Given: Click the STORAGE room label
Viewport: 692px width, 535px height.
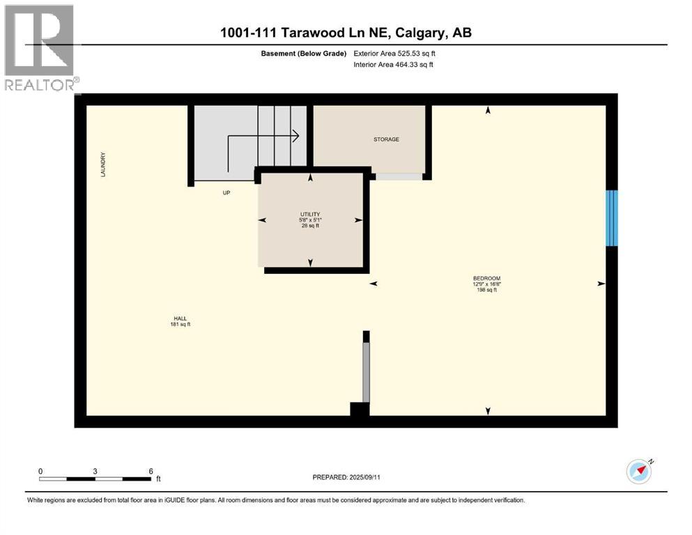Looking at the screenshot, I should pyautogui.click(x=386, y=139).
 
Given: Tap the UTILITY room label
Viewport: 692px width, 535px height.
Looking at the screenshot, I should pyautogui.click(x=310, y=214).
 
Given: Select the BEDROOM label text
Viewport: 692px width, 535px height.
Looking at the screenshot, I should pyautogui.click(x=486, y=278).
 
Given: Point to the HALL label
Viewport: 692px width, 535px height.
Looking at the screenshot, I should pyautogui.click(x=180, y=318).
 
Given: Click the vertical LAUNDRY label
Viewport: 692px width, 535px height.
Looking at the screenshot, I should pyautogui.click(x=102, y=164).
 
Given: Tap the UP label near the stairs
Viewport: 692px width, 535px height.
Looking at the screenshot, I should pyautogui.click(x=226, y=193).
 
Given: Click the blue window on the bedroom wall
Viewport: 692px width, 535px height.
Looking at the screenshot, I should pyautogui.click(x=611, y=218).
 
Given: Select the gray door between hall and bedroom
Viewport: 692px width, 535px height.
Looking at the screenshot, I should pyautogui.click(x=366, y=372).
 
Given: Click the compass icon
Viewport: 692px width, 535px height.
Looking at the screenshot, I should pyautogui.click(x=639, y=471).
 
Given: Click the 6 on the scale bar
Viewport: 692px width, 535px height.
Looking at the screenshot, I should pyautogui.click(x=151, y=470).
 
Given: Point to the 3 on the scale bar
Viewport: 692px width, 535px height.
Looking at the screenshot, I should pyautogui.click(x=95, y=470).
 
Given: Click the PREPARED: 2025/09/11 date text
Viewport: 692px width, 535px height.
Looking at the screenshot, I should pyautogui.click(x=346, y=477).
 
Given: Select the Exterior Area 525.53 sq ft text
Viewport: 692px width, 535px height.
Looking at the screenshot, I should pyautogui.click(x=394, y=53).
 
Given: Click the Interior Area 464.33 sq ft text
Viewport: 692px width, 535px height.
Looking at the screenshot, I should pyautogui.click(x=393, y=65).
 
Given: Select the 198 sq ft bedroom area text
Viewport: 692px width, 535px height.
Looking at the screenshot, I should pyautogui.click(x=486, y=290).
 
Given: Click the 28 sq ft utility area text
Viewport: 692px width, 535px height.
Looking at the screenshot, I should pyautogui.click(x=310, y=226).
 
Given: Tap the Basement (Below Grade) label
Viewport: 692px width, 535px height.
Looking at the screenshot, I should pyautogui.click(x=304, y=53).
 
